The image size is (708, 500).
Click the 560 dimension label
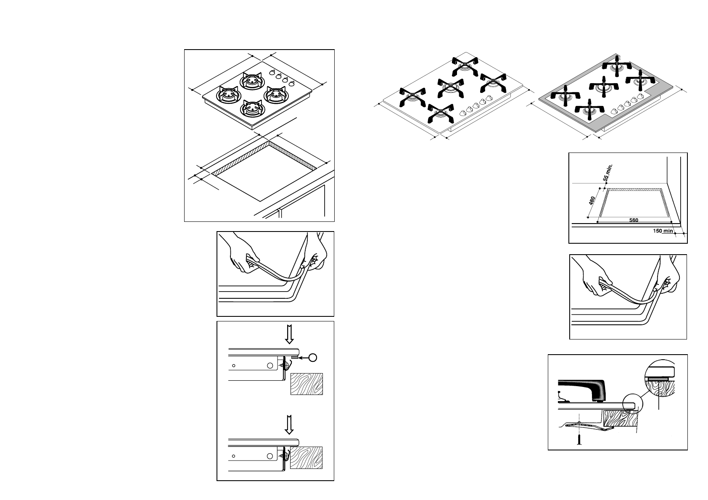pyautogui.click(x=634, y=220)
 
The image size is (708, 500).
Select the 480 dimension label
pyautogui.click(x=592, y=201)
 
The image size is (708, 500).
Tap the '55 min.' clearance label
pyautogui.click(x=608, y=173)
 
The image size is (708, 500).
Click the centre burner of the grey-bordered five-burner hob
pyautogui.click(x=604, y=86)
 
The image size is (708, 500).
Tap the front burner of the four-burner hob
pyautogui.click(x=251, y=108)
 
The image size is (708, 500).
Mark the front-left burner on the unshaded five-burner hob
pyautogui.click(x=413, y=97)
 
